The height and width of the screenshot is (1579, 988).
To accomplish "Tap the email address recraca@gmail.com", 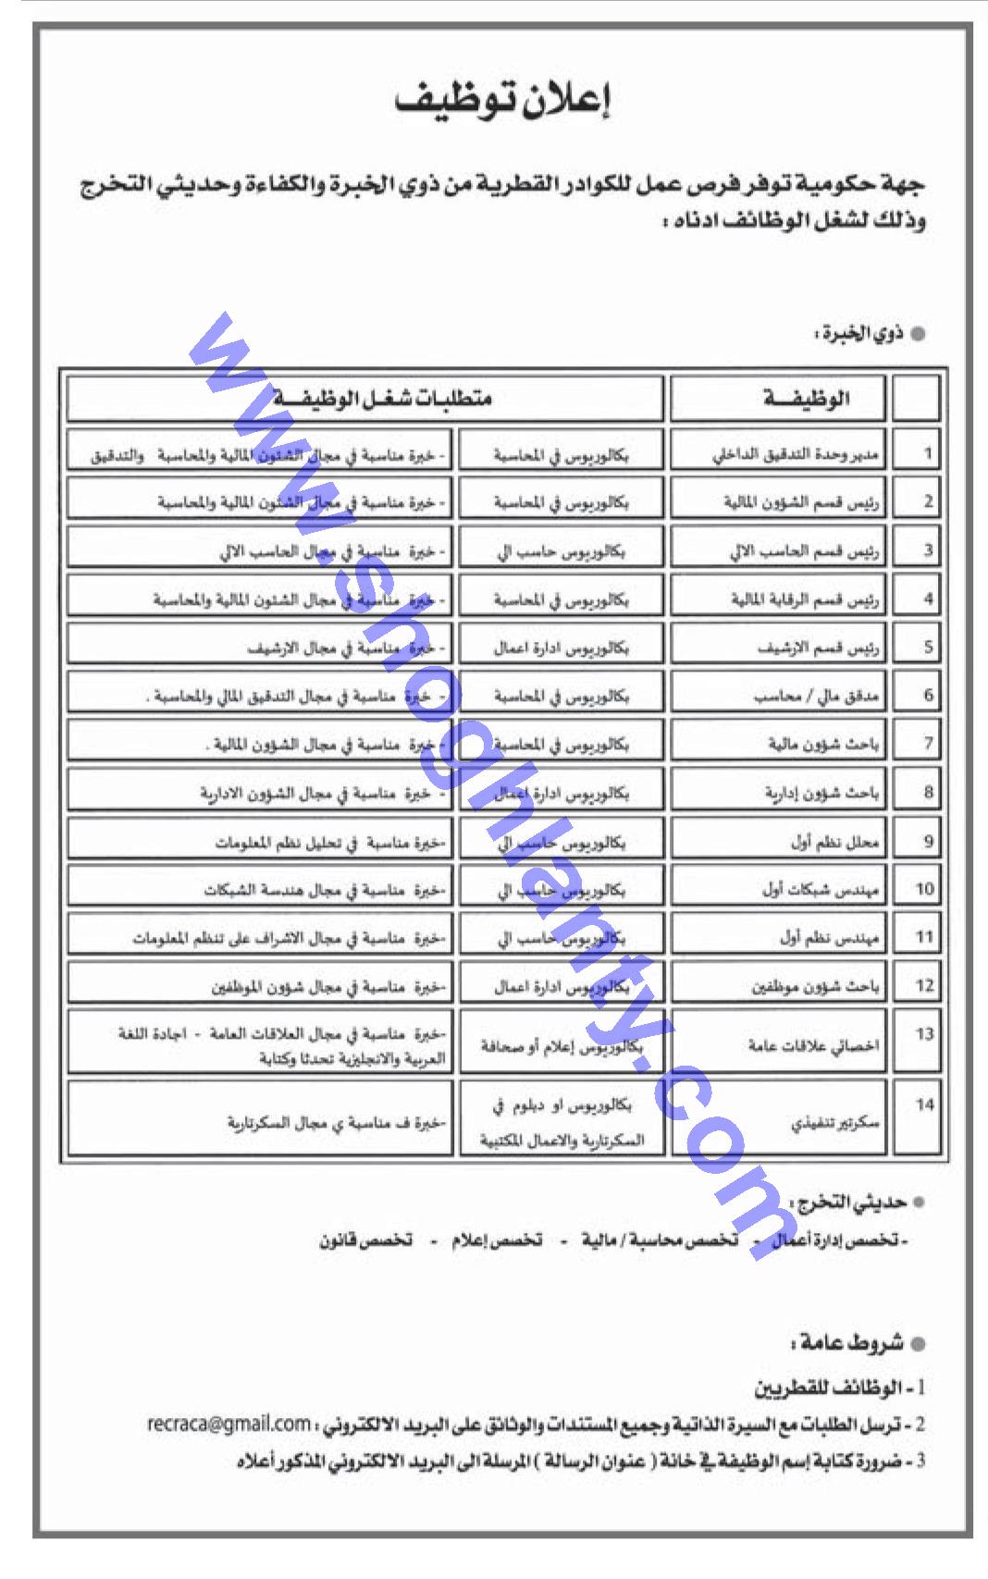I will (x=228, y=1422).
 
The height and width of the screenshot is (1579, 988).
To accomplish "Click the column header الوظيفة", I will (x=807, y=399).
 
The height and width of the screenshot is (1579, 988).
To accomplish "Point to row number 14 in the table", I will (x=925, y=1104).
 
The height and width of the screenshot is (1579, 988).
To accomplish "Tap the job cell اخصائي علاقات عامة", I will (x=813, y=1045).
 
